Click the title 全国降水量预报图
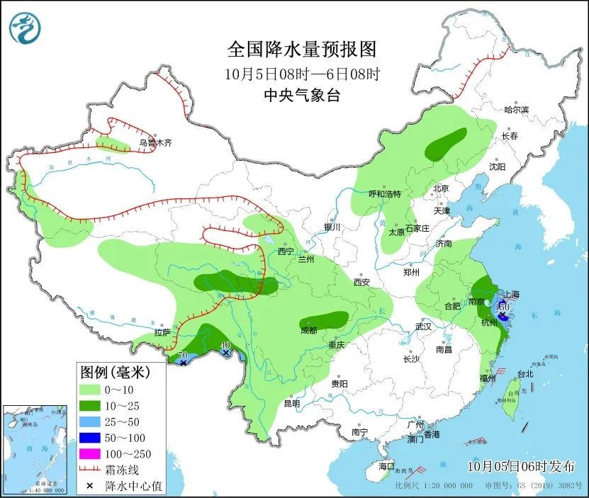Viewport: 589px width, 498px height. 301,49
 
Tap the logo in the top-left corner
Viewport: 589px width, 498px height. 25,28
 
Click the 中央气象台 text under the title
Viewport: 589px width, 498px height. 301,96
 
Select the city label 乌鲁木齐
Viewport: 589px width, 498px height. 155,142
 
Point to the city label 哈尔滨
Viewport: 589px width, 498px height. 516,109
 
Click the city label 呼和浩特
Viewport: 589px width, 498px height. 385,193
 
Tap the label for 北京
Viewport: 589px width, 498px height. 441,188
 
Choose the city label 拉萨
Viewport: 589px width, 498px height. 162,332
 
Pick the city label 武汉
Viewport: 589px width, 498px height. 424,327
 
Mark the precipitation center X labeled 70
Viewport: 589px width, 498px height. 184,363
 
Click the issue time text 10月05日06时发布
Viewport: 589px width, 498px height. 522,465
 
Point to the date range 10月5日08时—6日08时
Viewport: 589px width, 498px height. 301,73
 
